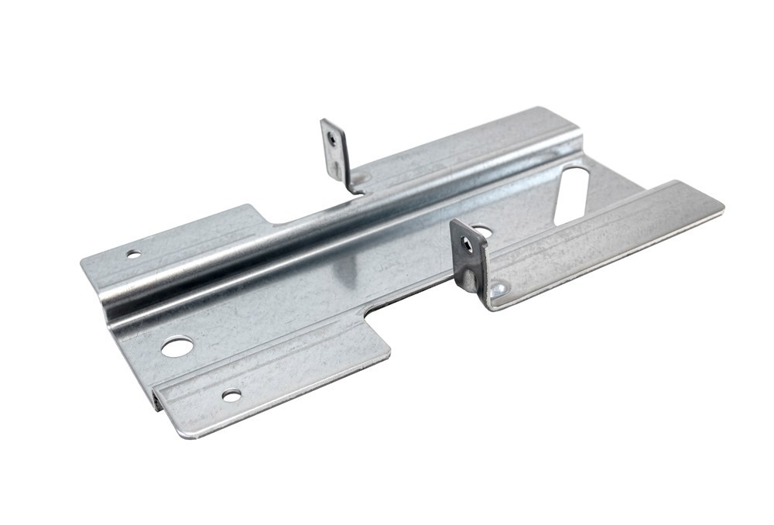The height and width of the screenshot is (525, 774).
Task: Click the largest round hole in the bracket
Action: (x=176, y=346)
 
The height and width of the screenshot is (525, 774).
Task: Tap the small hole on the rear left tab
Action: (x=133, y=253)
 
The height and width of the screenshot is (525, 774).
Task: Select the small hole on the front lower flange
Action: (x=231, y=395)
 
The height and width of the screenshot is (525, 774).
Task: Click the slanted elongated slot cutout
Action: (x=573, y=194)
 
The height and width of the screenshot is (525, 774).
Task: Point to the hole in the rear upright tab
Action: (x=332, y=139)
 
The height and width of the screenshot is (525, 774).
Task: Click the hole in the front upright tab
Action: (x=466, y=245)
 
